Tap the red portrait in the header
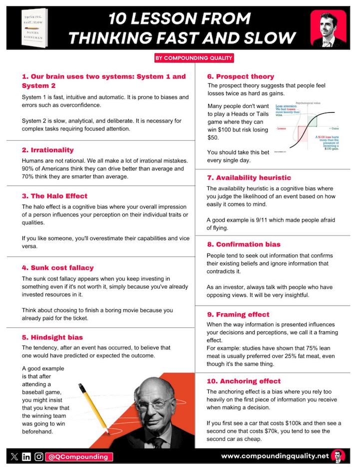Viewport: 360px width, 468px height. pos(328,28)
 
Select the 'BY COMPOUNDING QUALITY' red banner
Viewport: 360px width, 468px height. pos(194,58)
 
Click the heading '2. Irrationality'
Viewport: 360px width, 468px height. pos(47,150)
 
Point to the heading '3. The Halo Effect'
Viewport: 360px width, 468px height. pos(54,196)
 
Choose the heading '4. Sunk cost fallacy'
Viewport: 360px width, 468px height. pos(57,268)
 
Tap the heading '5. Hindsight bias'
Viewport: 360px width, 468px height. pos(52,337)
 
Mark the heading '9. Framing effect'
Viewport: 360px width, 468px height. pos(238,314)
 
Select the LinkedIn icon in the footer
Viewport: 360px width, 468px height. pos(26,457)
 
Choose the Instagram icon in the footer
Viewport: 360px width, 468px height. pos(38,457)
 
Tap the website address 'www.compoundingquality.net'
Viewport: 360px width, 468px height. pos(275,456)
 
